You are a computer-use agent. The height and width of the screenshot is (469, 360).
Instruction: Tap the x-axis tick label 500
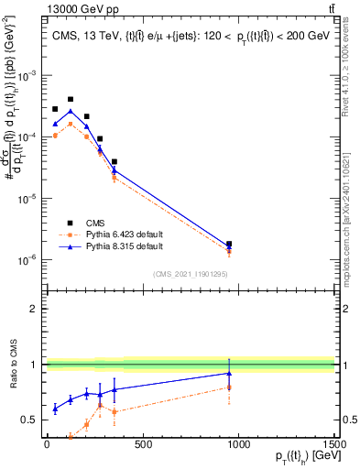pyautogui.click(x=143, y=444)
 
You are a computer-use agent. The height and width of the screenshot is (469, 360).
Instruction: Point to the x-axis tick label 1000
pyautogui.click(x=239, y=444)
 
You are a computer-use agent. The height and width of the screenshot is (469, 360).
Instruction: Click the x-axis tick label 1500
pyautogui.click(x=334, y=444)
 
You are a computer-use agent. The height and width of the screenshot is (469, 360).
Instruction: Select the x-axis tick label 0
pyautogui.click(x=47, y=444)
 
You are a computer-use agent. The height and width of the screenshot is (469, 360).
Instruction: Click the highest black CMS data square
pyautogui.click(x=71, y=99)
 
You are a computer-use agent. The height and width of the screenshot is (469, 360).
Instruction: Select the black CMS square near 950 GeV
pyautogui.click(x=229, y=244)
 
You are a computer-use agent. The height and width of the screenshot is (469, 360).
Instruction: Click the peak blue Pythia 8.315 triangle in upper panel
pyautogui.click(x=71, y=111)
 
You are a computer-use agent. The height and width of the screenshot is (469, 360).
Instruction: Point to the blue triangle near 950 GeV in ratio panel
pyautogui.click(x=229, y=373)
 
